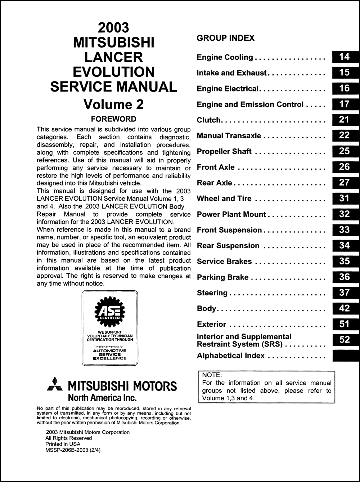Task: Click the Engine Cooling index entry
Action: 225,57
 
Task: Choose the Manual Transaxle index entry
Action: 229,136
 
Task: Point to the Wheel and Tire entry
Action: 224,198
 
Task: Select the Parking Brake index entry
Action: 222,277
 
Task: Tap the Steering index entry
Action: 212,293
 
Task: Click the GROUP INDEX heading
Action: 226,38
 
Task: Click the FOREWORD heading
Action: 113,119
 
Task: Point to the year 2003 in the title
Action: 113,28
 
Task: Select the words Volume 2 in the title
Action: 113,104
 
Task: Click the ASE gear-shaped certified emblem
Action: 109,310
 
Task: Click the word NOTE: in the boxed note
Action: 212,375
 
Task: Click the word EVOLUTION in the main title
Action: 113,72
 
